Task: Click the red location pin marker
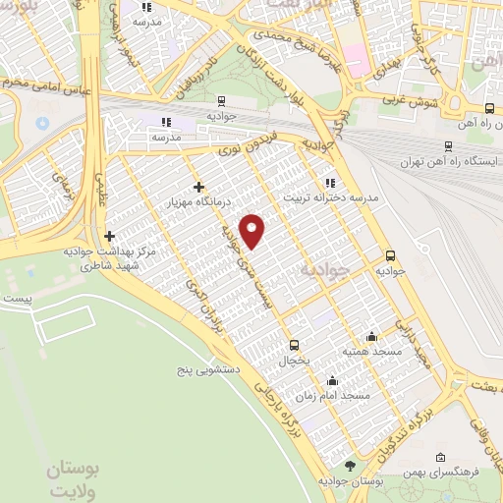point(253,230)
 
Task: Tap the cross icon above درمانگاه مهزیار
point(198,187)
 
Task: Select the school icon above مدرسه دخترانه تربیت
point(330,182)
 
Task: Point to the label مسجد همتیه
point(368,351)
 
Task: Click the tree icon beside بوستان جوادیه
point(349,466)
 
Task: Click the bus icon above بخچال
point(295,345)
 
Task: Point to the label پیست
point(19,296)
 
